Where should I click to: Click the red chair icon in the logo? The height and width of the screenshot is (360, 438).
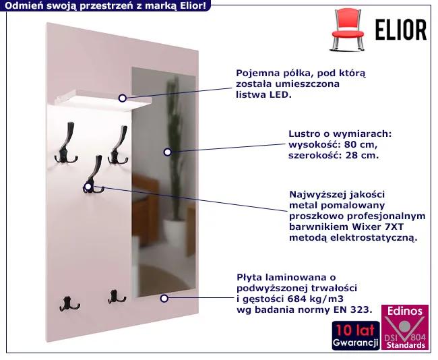pyautogui.click(x=348, y=30)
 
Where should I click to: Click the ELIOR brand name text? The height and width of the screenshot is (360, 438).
pyautogui.click(x=400, y=30)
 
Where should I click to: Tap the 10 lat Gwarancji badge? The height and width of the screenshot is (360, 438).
pyautogui.click(x=356, y=336)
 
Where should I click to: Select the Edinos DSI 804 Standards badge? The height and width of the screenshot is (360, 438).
pyautogui.click(x=405, y=327)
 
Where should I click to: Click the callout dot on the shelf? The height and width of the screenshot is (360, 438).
pyautogui.click(x=123, y=98)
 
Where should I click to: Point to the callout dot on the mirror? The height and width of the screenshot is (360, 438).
pyautogui.click(x=167, y=152)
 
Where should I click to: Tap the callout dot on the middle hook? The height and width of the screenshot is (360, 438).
pyautogui.click(x=88, y=187)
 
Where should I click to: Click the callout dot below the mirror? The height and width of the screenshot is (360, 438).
pyautogui.click(x=164, y=298)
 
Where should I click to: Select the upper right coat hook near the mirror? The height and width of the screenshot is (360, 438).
pyautogui.click(x=119, y=145)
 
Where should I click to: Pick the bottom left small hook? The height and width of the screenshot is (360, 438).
pyautogui.click(x=69, y=304)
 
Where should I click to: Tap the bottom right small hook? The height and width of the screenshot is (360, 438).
pyautogui.click(x=116, y=297)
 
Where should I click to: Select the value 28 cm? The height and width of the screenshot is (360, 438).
pyautogui.click(x=362, y=156)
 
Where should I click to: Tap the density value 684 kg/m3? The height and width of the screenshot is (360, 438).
pyautogui.click(x=315, y=299)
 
